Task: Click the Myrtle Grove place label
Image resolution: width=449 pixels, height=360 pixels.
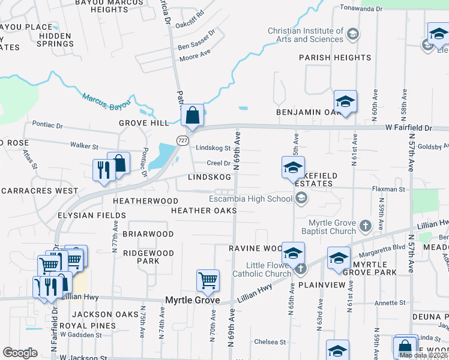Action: tap(192, 300)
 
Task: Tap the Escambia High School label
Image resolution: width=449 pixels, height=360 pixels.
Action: tap(250, 199)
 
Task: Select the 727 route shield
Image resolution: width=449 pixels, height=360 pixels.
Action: tap(181, 140)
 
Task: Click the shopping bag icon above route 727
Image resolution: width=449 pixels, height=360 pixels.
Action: tap(192, 115)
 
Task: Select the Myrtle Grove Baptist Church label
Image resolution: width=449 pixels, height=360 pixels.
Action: tap(333, 227)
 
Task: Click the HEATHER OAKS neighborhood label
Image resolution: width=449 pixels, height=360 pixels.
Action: tap(203, 211)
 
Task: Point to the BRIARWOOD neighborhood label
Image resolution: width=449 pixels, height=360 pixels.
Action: tap(148, 234)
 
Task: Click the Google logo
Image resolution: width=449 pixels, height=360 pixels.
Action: tap(20, 353)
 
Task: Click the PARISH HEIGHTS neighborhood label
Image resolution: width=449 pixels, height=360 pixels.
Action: tap(336, 58)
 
